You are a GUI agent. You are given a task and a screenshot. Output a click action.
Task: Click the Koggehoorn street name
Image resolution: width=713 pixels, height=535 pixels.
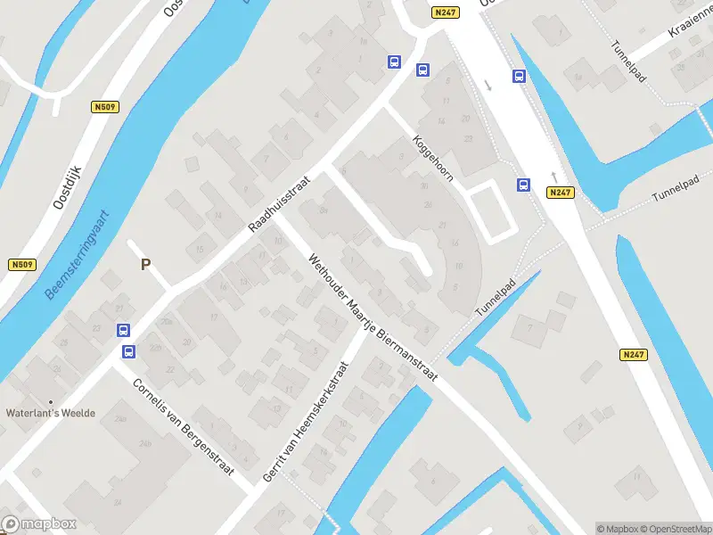pos(433,158)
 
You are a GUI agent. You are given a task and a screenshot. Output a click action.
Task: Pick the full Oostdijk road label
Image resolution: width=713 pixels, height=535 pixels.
pos(67,186)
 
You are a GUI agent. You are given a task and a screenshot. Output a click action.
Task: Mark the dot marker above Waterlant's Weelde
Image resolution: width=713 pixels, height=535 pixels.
pos(51,402)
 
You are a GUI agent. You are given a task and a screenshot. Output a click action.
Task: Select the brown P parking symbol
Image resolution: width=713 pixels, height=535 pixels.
pos(146,265)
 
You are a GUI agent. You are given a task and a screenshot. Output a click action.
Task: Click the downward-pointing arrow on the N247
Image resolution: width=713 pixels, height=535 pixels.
pos(488,86)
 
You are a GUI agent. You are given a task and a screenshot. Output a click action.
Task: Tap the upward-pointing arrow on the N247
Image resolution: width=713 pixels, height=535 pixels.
pos(553,176)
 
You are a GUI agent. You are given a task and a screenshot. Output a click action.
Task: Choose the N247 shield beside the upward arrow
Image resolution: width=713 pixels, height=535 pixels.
pos(560,193)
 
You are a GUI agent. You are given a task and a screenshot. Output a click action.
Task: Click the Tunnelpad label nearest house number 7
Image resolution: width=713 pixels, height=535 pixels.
pos(496,298)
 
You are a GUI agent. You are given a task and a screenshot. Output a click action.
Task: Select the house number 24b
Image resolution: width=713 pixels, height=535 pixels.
pos(145,442)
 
